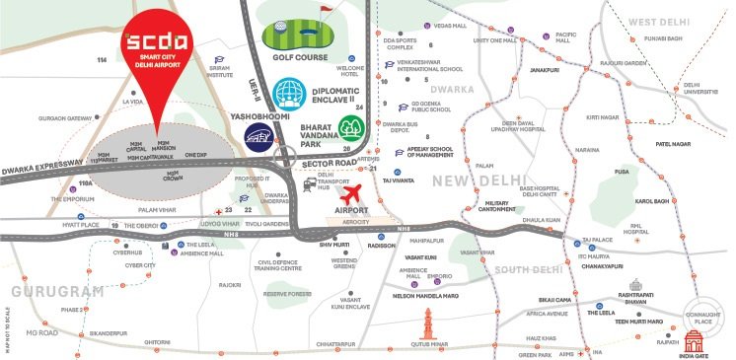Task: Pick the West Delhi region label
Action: (x=668, y=21)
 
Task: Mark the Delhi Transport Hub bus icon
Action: (x=311, y=182)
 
